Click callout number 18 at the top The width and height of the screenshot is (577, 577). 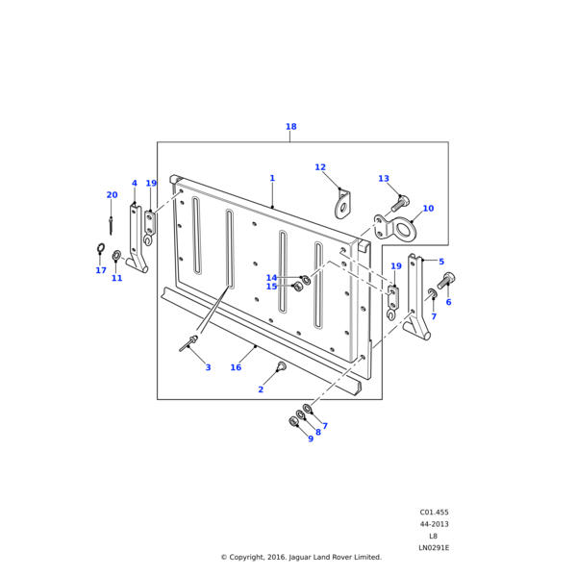coord(290,127)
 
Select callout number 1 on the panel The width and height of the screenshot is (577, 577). coord(272,178)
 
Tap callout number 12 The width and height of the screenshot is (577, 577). coord(320,167)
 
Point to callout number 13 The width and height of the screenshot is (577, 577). coord(384,179)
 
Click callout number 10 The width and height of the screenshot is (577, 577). coord(428,209)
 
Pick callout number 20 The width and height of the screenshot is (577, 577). coord(112,195)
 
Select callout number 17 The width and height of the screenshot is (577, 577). coord(100,270)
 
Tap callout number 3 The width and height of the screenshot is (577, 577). coord(208,367)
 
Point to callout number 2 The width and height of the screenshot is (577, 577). coord(261,389)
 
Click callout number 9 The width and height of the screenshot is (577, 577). coord(311,439)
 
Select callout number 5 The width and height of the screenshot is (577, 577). coord(441,262)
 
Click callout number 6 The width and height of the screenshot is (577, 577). coord(448,302)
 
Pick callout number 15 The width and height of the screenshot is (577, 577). coord(271,287)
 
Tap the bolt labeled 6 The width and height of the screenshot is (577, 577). coord(446,280)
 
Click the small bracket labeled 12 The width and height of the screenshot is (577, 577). coord(342,204)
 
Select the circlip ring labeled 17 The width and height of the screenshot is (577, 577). coord(100,251)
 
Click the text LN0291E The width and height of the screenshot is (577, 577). coord(434,547)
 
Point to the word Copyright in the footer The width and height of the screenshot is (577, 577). coord(249,557)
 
